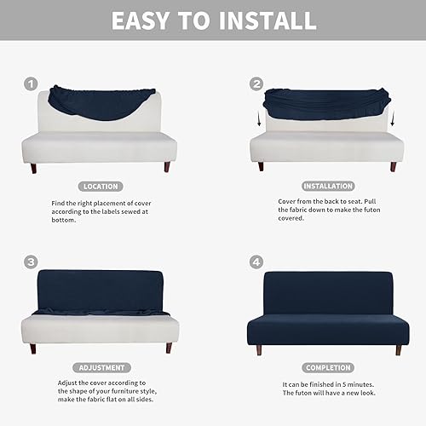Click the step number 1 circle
point(32,83)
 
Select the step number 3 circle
point(32,262)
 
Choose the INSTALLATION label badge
point(326,186)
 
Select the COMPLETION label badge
point(326,368)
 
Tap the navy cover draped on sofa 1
point(94,101)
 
